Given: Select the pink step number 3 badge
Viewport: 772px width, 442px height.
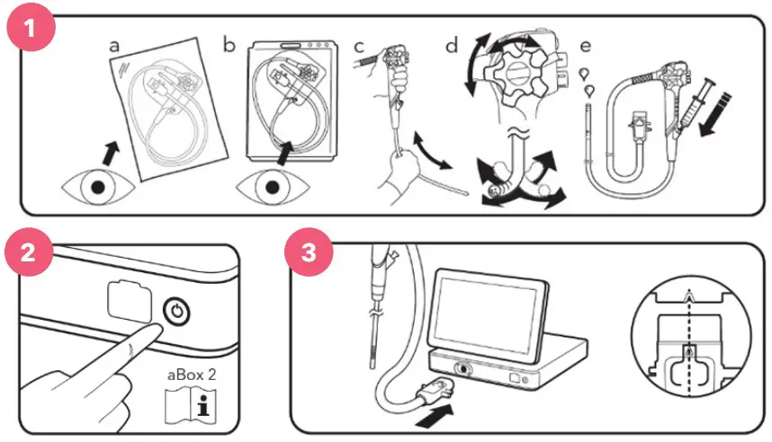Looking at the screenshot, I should coord(309,252).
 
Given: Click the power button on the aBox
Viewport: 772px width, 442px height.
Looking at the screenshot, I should coord(177,311).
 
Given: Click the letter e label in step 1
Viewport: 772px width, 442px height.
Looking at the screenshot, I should coord(589,43).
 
